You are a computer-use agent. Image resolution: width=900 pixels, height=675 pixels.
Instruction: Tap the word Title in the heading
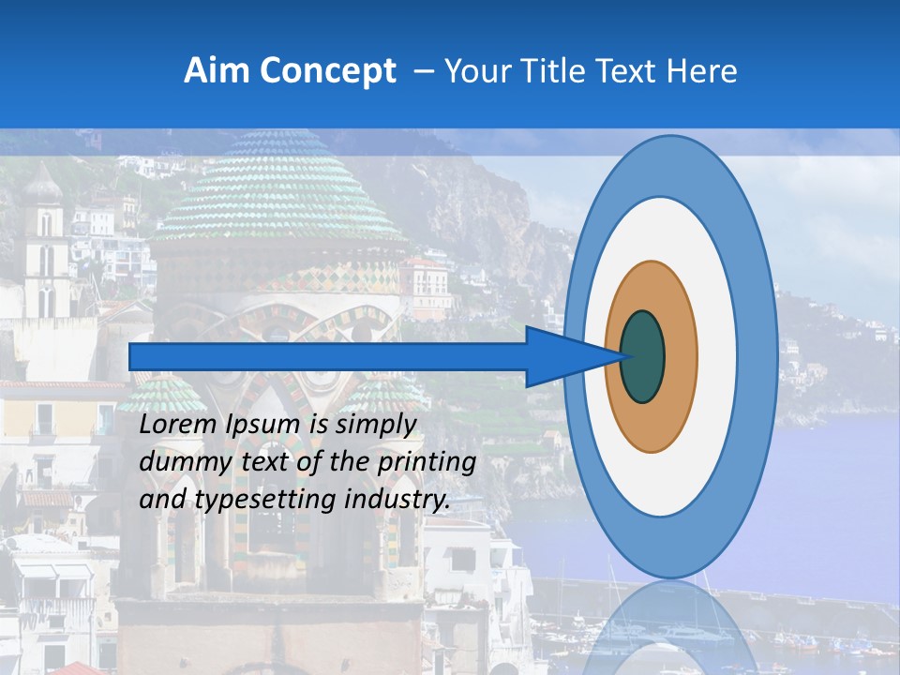(x=560, y=71)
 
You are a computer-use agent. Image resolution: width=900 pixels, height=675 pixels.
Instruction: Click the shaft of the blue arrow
(x=328, y=356)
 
